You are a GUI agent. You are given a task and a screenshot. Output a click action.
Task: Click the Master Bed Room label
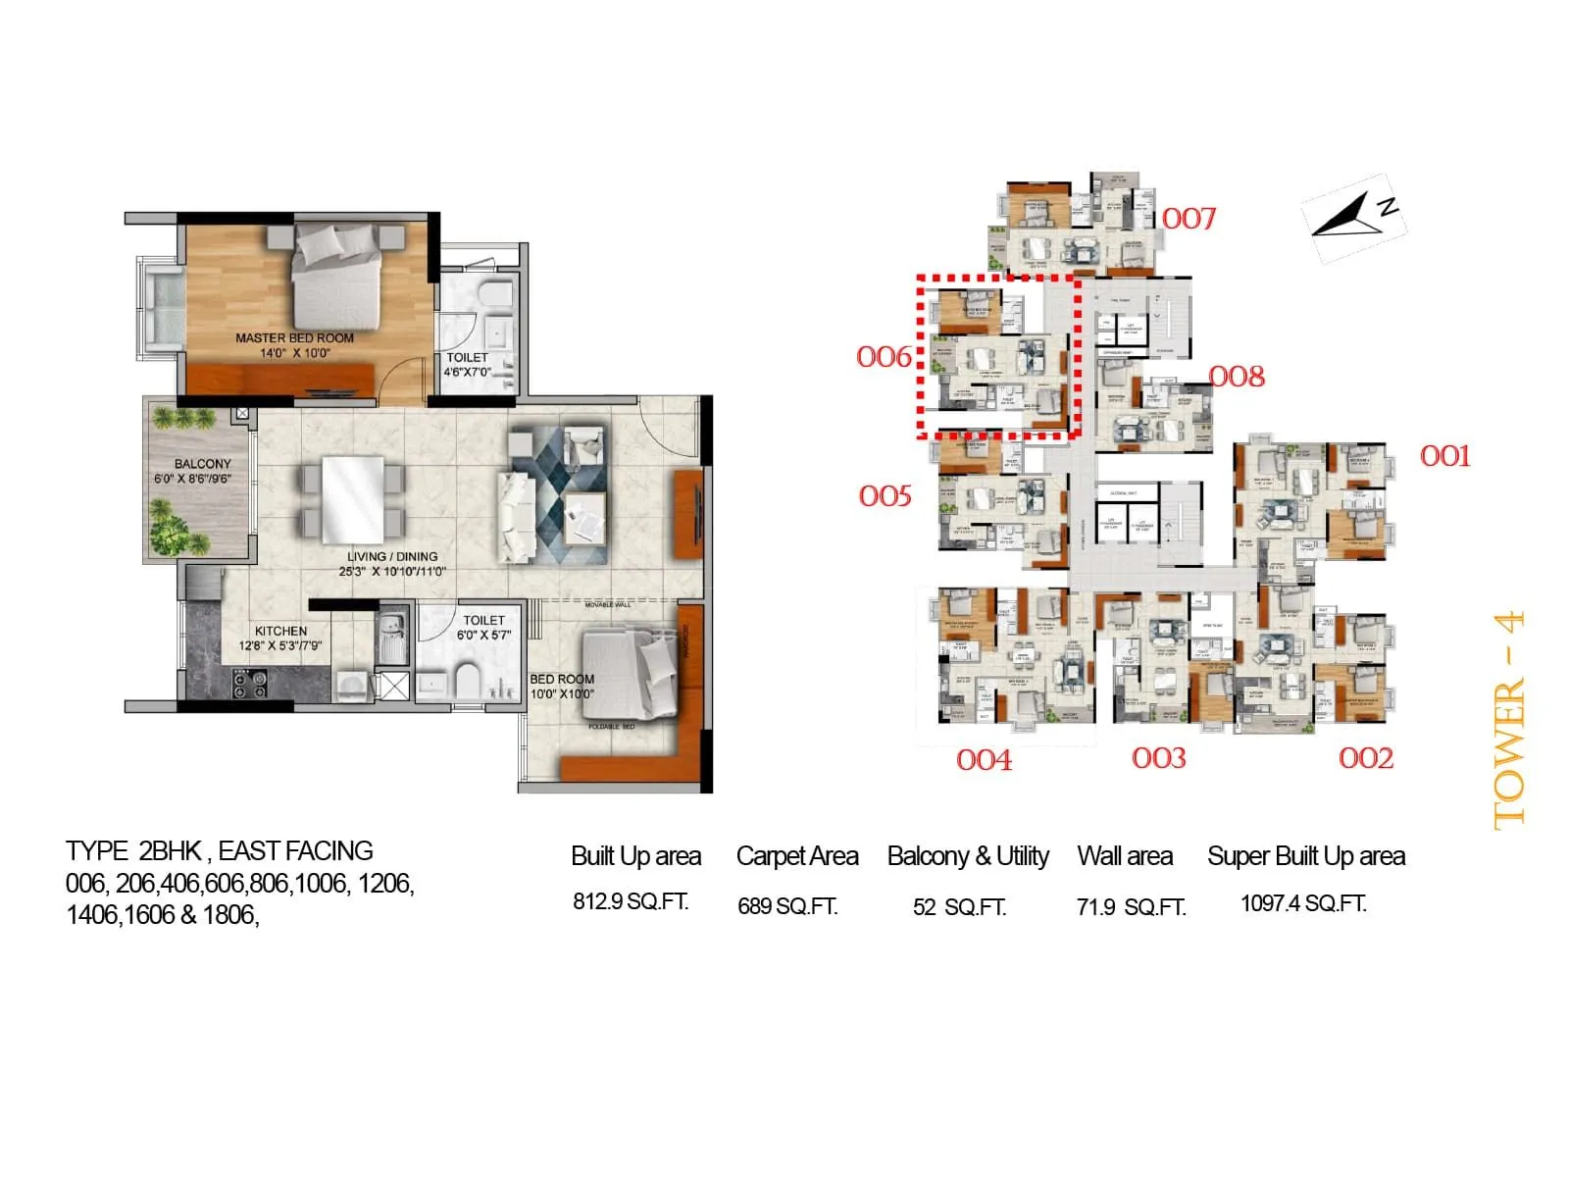coord(294,338)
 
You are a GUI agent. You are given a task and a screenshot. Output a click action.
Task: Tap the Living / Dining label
coord(392,556)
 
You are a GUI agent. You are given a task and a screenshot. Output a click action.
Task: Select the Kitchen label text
coord(280,632)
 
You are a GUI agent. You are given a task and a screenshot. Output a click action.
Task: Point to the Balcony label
coord(202,464)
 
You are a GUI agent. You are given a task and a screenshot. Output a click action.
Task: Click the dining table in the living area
coord(353,498)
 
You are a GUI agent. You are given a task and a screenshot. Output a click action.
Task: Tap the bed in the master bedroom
coord(336,278)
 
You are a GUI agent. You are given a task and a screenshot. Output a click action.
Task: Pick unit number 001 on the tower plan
coord(1444,456)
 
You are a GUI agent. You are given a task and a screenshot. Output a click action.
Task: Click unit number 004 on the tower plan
coord(984,760)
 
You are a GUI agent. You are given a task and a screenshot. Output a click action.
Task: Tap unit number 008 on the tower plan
coord(1237,377)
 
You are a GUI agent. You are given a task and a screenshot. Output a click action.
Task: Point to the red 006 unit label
coord(884,357)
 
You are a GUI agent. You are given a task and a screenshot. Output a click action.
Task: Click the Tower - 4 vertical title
coord(1509,720)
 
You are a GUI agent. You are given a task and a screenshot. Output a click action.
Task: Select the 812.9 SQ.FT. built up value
coord(631,901)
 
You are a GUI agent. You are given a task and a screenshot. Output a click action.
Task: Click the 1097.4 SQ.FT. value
coord(1303,903)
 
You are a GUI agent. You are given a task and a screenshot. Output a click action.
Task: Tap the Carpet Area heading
coord(797,856)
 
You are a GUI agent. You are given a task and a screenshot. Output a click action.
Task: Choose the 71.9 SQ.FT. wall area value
coord(1131,907)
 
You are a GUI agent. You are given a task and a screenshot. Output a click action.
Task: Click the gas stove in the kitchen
coord(249,683)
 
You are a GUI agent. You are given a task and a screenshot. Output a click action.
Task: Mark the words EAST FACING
coord(295,850)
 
